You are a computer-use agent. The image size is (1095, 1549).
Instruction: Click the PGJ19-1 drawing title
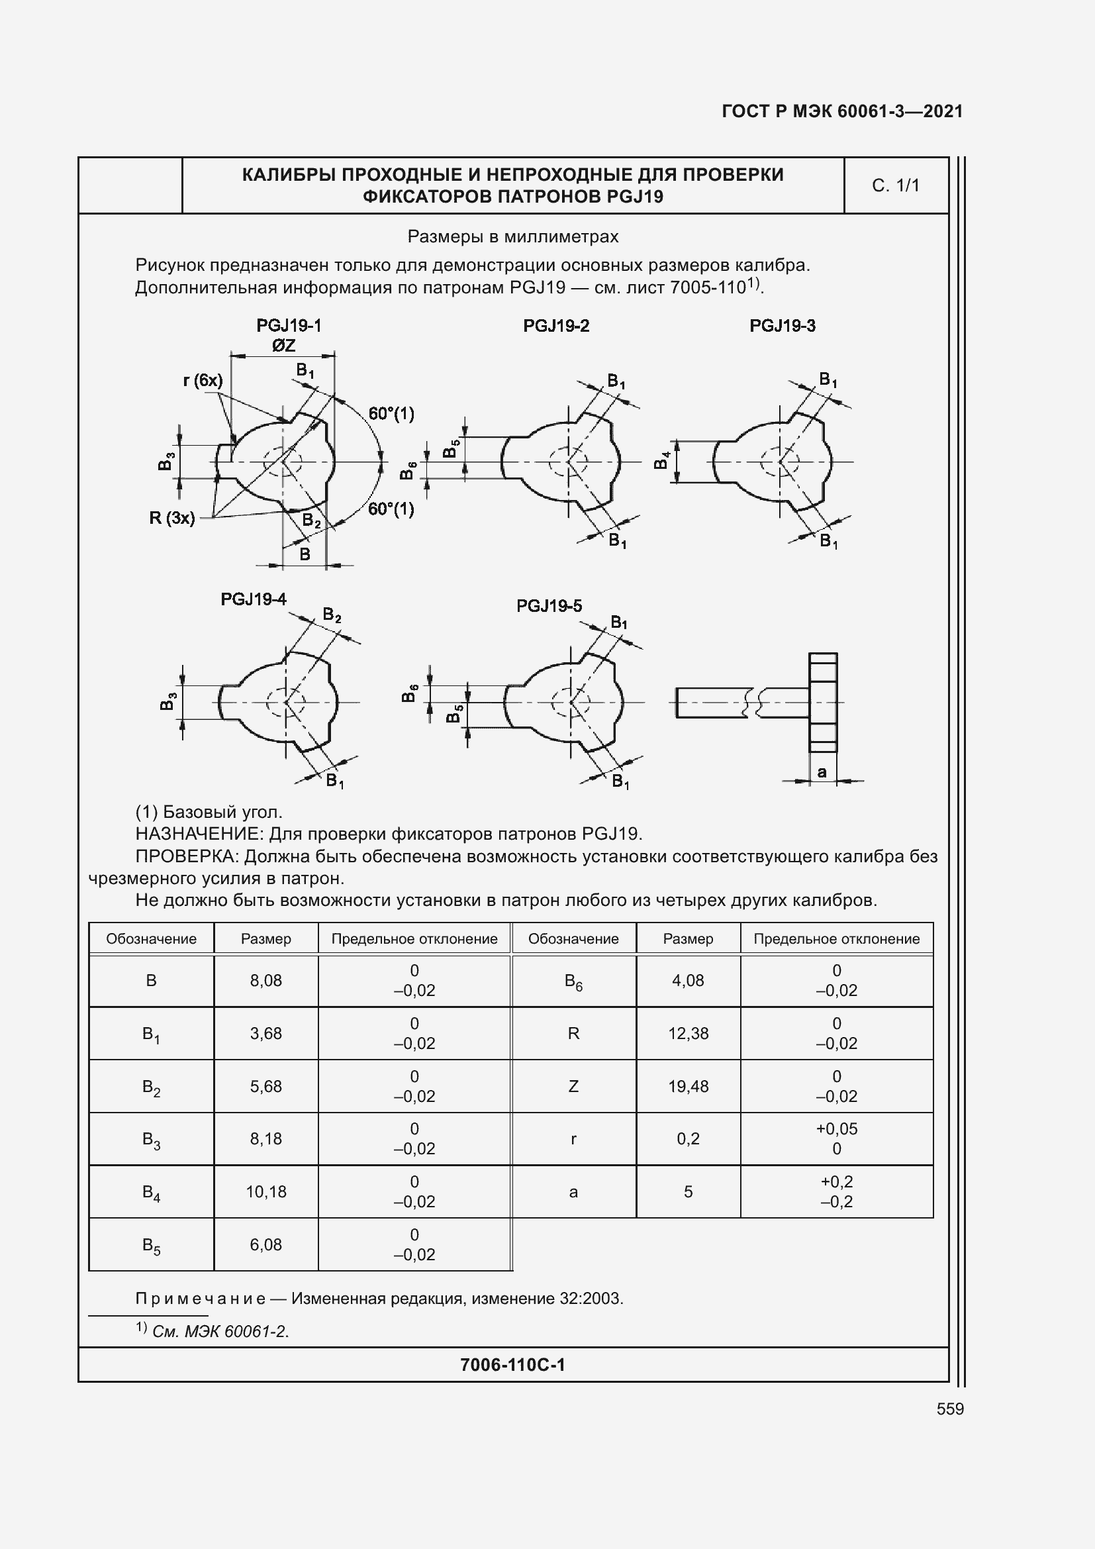289,326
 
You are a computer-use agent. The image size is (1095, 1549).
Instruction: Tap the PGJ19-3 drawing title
782,326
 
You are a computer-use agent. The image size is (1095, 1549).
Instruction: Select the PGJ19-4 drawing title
254,599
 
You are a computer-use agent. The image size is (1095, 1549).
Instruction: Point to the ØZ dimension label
284,346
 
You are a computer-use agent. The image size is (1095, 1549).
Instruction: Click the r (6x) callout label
203,381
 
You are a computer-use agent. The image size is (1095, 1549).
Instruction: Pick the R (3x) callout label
172,518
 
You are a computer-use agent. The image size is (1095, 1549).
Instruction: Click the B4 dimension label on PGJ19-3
662,462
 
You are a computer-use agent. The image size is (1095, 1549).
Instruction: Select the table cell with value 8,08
265,980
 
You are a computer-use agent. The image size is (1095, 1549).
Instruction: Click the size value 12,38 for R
688,1034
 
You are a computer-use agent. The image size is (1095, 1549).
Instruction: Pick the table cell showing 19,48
688,1086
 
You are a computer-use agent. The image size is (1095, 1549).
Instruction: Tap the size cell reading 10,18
265,1191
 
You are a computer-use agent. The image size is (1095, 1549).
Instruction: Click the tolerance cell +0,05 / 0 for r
836,1139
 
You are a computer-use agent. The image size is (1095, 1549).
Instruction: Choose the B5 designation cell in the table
151,1245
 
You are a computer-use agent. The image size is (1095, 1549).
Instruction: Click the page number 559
950,1409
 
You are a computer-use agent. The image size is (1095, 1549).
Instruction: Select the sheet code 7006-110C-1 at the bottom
512,1365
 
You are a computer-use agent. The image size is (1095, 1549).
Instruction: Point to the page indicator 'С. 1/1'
896,185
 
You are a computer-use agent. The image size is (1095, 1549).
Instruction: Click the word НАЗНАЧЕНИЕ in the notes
199,834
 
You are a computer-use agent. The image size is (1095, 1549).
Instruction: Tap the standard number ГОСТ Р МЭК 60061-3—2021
842,111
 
